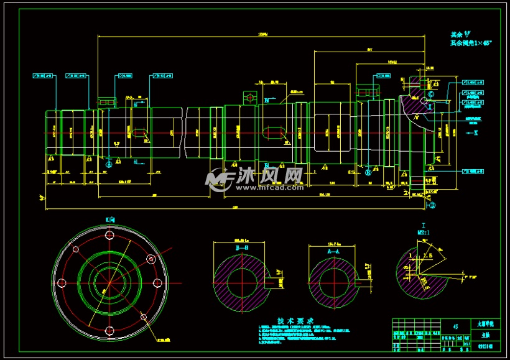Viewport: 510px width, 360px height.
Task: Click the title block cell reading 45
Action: coord(456,325)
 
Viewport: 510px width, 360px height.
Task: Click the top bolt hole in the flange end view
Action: coord(109,236)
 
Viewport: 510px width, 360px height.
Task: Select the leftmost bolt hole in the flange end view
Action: coord(62,283)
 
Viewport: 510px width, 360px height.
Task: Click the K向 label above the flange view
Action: coord(110,219)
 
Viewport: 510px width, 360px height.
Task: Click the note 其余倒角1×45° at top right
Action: coord(471,44)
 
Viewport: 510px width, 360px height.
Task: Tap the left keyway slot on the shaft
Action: coord(138,132)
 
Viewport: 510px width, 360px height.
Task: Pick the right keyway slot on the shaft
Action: coord(274,132)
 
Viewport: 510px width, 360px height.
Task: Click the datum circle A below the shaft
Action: coord(109,163)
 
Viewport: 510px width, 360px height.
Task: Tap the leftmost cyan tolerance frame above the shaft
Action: coord(42,76)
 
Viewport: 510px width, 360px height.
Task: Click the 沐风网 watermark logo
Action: coord(255,178)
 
